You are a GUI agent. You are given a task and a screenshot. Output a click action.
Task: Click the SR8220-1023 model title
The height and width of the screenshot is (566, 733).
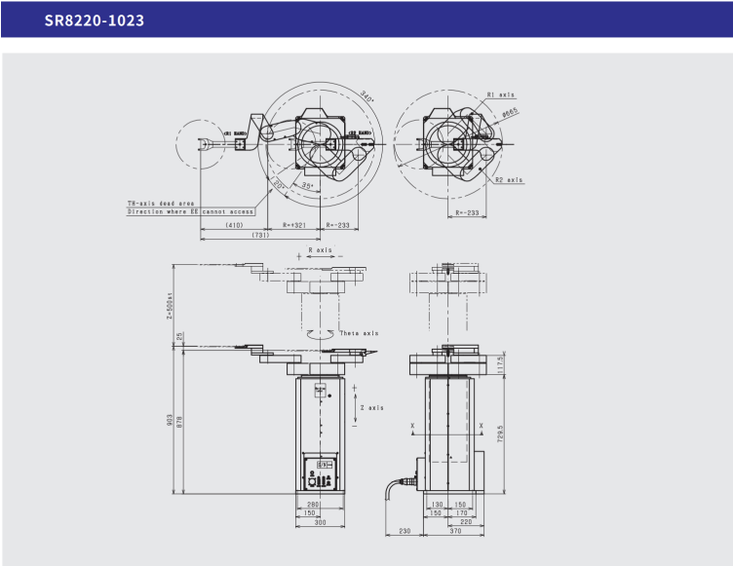(95, 19)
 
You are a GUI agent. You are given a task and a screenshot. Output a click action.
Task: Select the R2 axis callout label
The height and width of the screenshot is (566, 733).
(508, 179)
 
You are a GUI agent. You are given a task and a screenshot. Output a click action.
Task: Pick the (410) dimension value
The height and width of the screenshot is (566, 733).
(234, 224)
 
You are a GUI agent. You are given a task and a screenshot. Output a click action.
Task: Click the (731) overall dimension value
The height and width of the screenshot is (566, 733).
(260, 236)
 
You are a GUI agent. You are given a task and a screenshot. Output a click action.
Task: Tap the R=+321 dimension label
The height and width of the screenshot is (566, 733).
(295, 224)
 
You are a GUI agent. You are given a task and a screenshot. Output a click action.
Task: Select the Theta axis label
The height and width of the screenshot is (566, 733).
(358, 332)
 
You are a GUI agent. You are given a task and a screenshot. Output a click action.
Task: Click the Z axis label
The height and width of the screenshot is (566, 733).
(371, 408)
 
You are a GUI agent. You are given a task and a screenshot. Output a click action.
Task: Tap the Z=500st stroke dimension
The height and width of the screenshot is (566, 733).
(170, 304)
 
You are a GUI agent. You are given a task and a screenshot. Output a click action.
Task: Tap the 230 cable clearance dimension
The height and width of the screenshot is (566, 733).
(403, 533)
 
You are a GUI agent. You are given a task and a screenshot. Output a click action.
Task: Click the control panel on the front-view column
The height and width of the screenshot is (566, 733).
(320, 473)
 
